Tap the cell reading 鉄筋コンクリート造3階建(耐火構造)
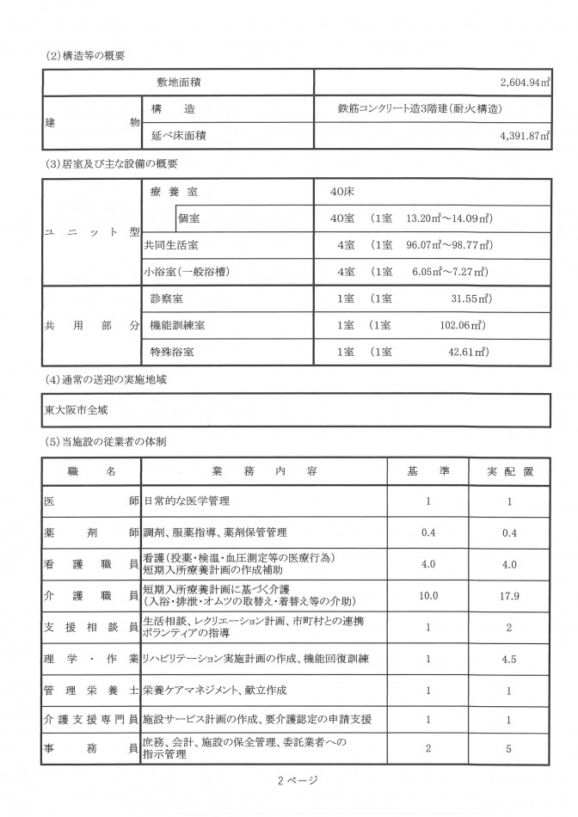(x=421, y=109)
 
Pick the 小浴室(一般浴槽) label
(x=188, y=272)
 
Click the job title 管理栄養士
(x=91, y=691)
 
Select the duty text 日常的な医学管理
(x=187, y=501)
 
